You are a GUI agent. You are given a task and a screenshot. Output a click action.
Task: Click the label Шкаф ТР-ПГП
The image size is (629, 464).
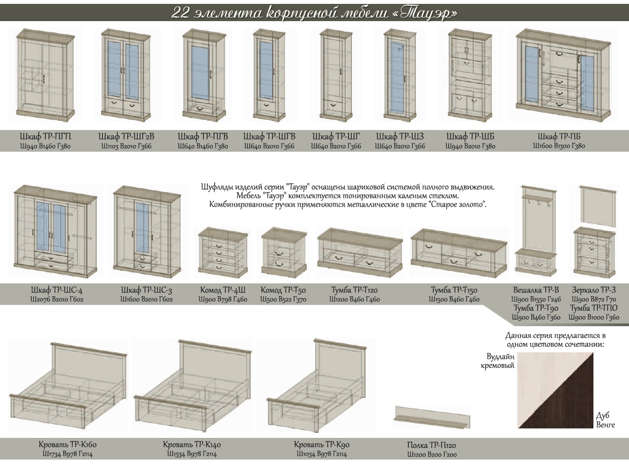(x=45, y=137)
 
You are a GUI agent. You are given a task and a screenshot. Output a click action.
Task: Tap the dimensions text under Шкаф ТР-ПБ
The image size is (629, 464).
(x=558, y=147)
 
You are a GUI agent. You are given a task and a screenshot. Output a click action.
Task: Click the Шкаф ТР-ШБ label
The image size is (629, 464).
(x=470, y=137)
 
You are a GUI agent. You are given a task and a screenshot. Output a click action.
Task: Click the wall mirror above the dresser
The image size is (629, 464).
(x=598, y=206)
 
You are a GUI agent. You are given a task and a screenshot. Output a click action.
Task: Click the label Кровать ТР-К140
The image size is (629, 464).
(x=192, y=445)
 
